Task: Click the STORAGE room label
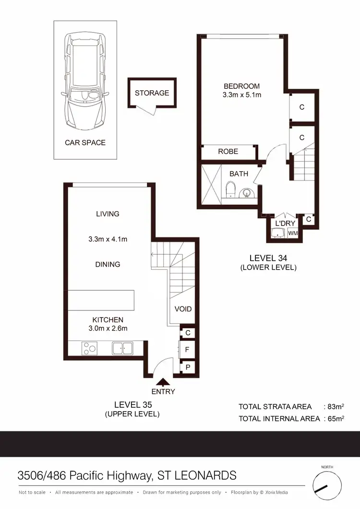click(152, 93)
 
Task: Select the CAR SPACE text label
click(85, 142)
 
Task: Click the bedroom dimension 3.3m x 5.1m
click(241, 95)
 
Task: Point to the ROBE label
click(228, 151)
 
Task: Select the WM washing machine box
click(292, 233)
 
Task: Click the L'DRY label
click(285, 224)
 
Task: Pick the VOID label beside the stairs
click(183, 309)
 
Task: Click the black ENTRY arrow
click(164, 382)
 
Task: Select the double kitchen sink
click(122, 348)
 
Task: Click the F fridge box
click(187, 350)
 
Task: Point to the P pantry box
click(187, 367)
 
